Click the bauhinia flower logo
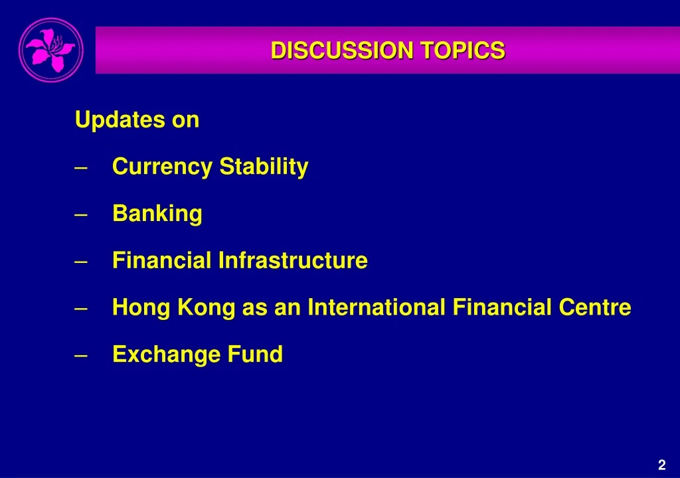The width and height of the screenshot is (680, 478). click(51, 50)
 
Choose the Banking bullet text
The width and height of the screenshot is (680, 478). click(157, 214)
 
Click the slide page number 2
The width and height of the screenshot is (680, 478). click(661, 465)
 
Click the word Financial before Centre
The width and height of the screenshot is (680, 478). click(501, 307)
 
